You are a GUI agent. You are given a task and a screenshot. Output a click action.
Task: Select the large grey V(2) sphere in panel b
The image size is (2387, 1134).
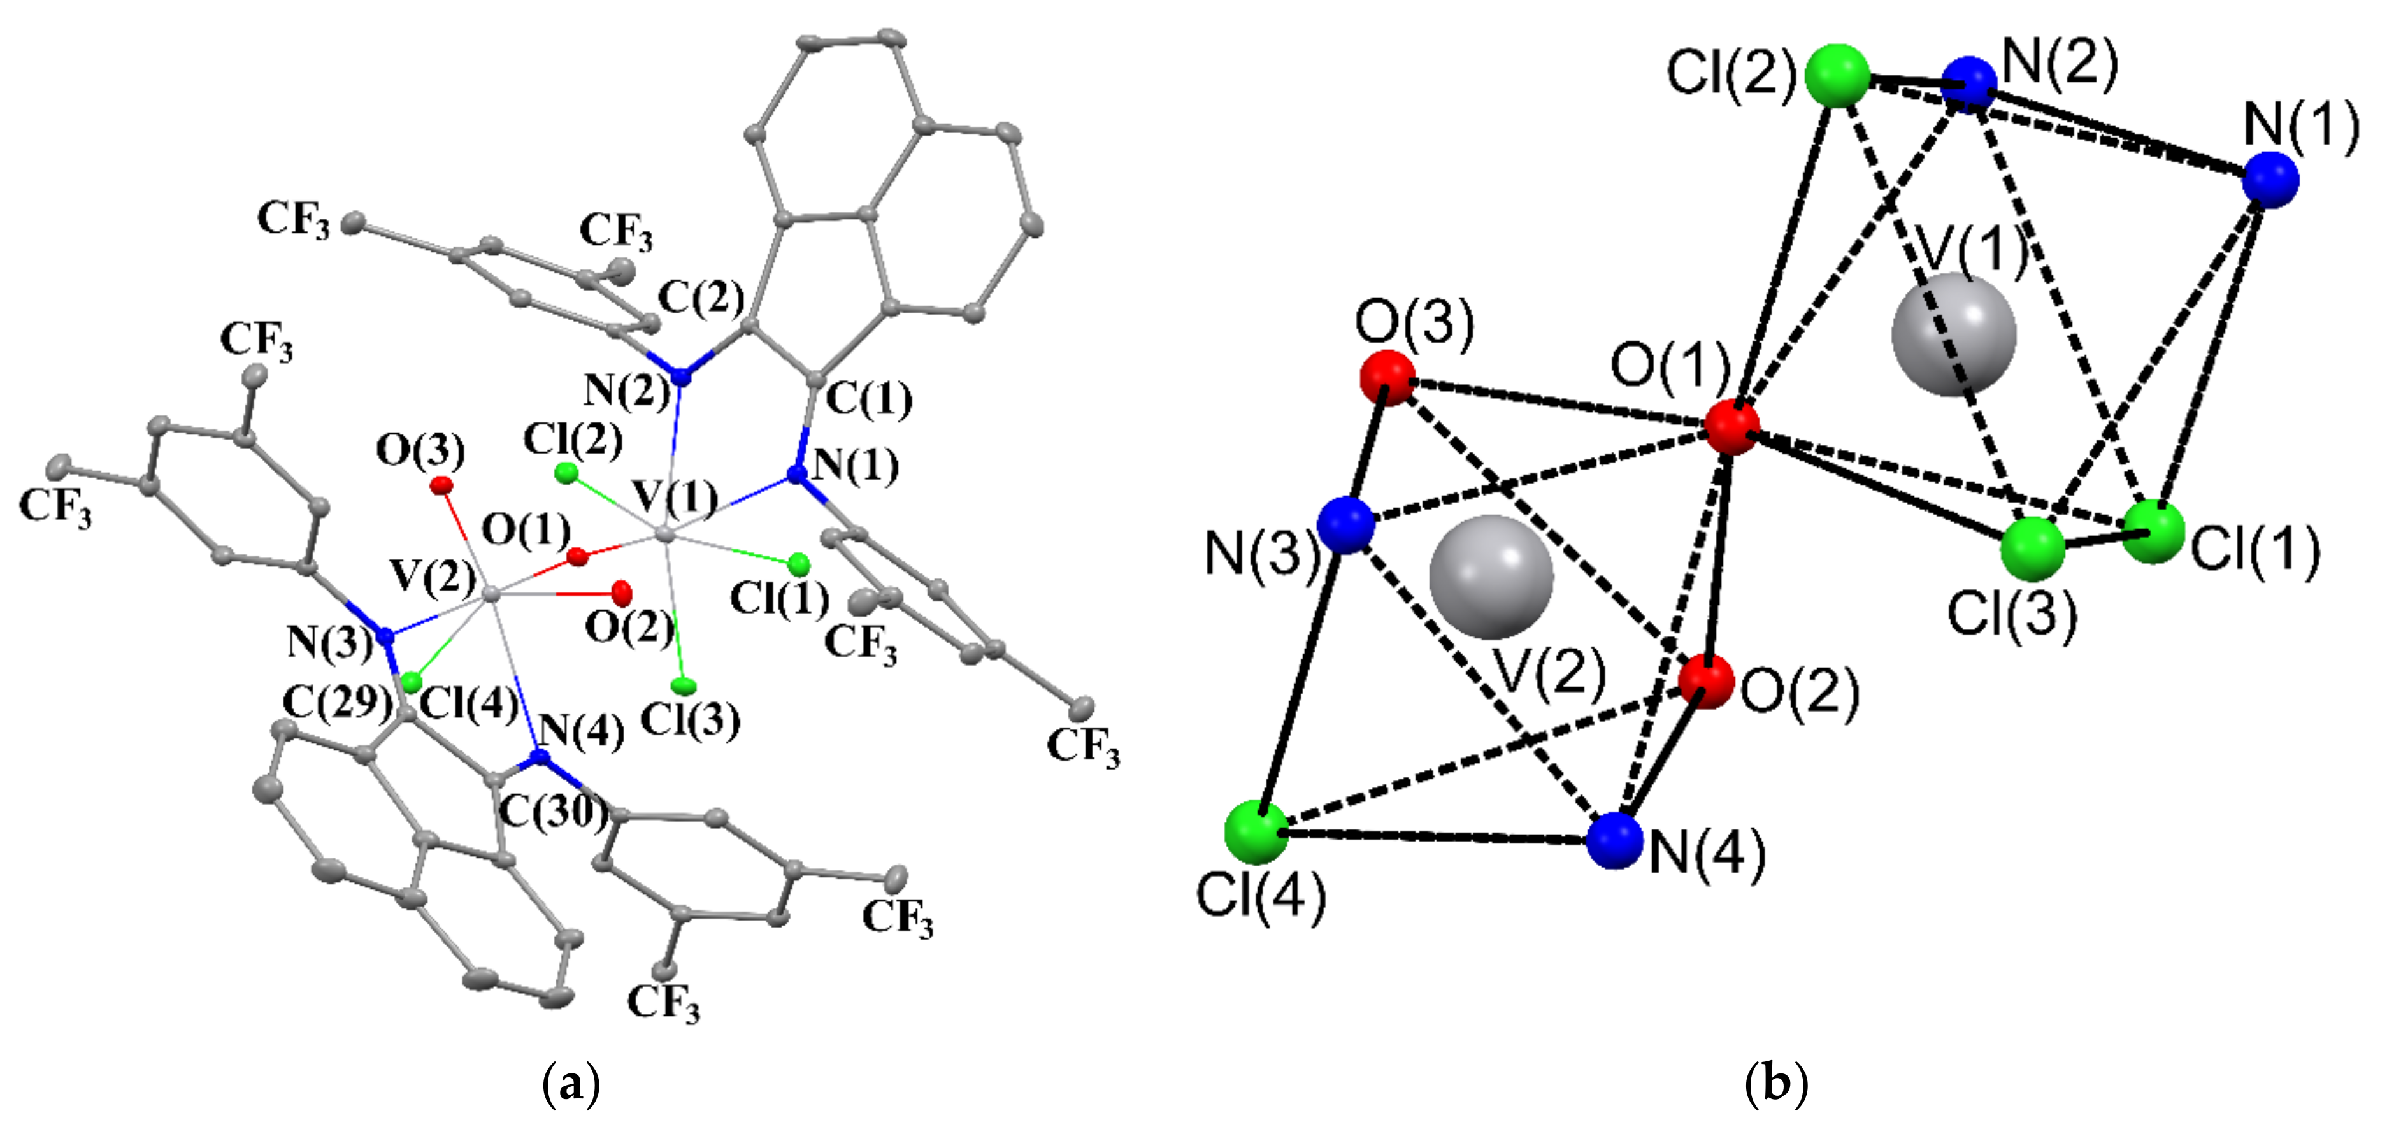coord(1491,577)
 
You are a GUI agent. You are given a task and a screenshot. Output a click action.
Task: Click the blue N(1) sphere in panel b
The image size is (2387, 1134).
coord(2271,180)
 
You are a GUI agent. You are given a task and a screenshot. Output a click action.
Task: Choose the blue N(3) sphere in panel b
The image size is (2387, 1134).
coord(1345,526)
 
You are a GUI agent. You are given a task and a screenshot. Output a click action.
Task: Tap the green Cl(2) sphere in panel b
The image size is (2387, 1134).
coord(1837,75)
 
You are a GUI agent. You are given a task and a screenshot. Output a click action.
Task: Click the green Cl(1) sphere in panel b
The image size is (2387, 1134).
coord(2153,532)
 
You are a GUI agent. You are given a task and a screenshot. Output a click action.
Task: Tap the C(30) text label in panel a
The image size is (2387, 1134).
coord(553,812)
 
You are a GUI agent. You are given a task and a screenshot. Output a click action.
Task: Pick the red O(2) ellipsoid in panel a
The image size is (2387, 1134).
coord(621,590)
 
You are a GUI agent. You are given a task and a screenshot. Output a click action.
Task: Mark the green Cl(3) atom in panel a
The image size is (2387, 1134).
coord(684,685)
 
